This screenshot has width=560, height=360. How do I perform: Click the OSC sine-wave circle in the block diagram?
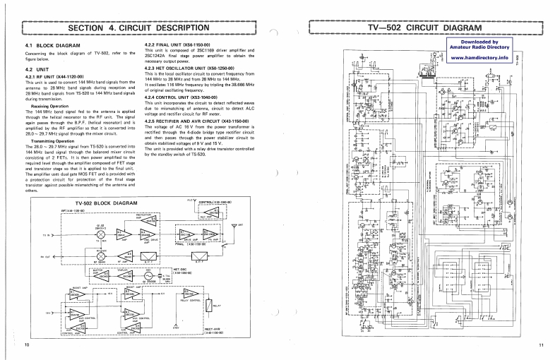tap(105, 278)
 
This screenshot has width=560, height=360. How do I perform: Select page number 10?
tap(27, 345)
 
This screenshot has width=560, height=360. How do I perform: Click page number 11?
tap(540, 345)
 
